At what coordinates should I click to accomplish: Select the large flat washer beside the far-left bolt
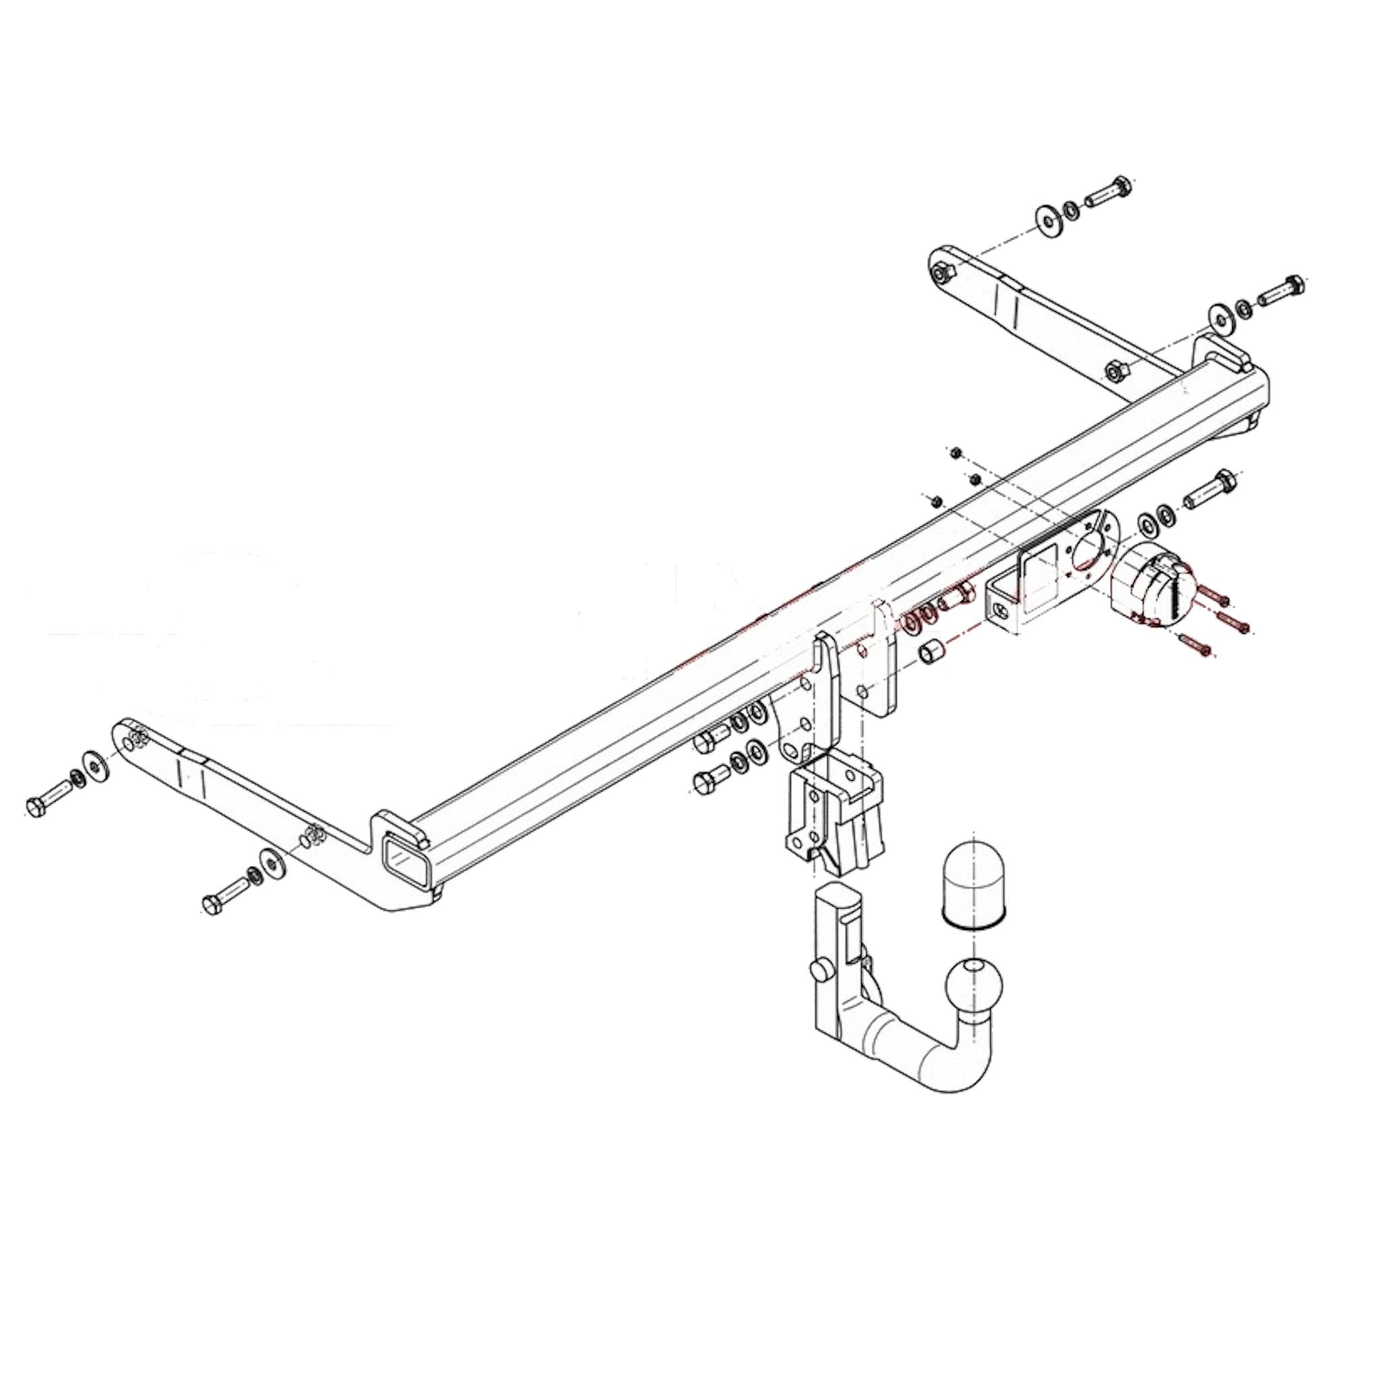point(94,765)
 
